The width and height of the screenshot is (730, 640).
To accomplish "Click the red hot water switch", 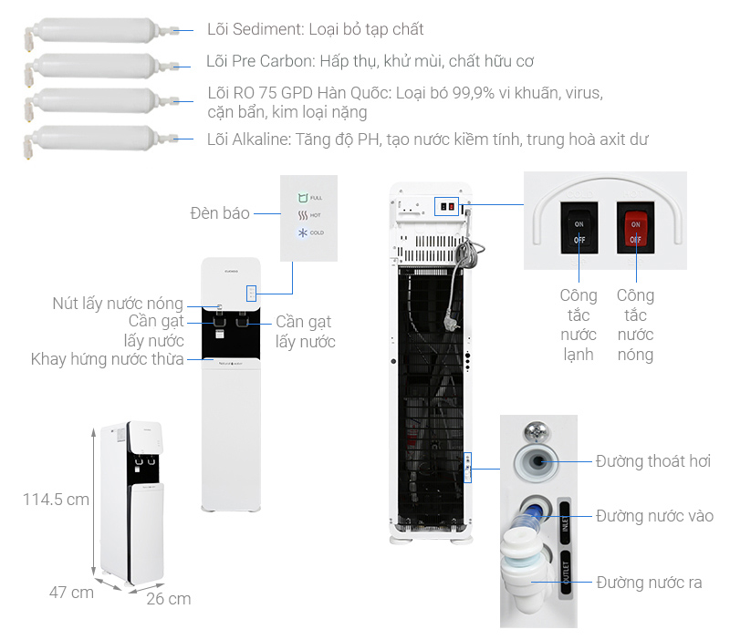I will (636, 230).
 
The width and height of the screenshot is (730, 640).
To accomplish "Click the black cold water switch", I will (579, 230).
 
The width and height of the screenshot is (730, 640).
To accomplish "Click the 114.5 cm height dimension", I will (57, 500).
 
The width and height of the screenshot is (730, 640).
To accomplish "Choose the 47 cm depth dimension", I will (71, 593).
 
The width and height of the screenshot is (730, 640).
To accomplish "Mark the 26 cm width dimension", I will (169, 599).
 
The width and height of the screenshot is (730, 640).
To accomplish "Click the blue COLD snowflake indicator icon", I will (302, 232).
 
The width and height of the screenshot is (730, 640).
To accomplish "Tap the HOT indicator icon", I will (302, 215).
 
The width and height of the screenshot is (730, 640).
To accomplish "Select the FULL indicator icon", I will (302, 198).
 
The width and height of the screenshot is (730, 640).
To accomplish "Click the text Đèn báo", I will (220, 213).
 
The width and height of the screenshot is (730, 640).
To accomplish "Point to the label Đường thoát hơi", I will (652, 461).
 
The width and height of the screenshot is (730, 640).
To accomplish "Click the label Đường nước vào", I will (654, 516).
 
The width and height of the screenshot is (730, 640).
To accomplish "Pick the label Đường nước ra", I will (649, 582).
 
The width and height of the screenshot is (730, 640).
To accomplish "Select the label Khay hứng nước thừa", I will (108, 359).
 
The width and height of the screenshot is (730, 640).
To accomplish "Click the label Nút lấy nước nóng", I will (117, 304).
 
